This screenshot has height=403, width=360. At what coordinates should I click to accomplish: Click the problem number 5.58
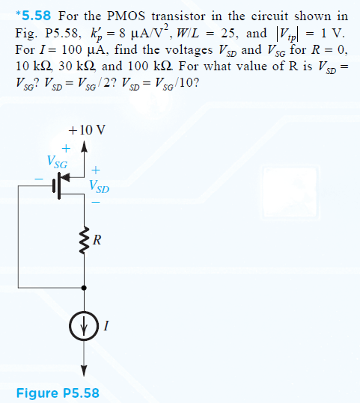[36, 16]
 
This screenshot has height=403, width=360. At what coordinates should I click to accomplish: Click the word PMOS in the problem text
[126, 16]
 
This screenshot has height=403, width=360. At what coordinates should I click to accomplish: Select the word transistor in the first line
[178, 16]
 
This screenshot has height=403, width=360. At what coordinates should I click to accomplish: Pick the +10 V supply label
[87, 130]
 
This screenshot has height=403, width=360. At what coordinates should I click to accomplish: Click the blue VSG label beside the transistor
[57, 162]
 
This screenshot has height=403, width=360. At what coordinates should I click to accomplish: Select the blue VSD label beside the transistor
[99, 186]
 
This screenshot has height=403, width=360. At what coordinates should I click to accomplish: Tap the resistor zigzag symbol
[85, 241]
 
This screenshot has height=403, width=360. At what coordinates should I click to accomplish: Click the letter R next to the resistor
[97, 240]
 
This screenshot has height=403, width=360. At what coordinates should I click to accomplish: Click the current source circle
[84, 326]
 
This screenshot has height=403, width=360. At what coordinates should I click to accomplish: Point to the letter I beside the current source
[106, 326]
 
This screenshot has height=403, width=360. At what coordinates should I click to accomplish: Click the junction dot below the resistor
[84, 288]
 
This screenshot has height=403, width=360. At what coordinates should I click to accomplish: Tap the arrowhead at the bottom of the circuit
[84, 371]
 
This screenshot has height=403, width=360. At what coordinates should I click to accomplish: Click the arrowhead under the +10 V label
[84, 147]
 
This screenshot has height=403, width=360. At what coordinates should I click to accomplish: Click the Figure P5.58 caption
[58, 393]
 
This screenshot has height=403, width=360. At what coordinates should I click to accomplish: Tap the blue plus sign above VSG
[66, 148]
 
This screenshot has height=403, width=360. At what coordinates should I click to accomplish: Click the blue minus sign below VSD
[96, 203]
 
